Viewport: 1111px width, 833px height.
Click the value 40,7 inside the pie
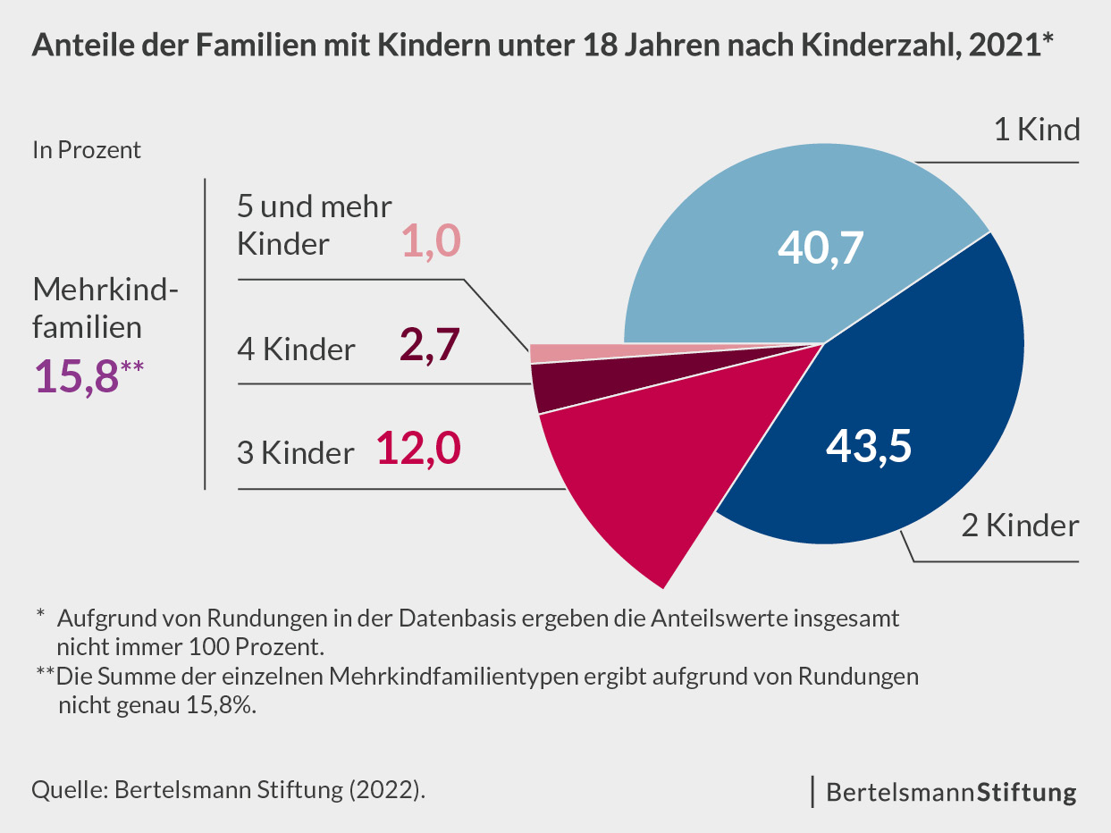(x=821, y=248)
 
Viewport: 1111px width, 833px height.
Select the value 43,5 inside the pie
(x=868, y=445)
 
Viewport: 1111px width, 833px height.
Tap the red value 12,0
(x=417, y=449)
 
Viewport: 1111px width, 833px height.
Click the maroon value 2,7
(x=428, y=346)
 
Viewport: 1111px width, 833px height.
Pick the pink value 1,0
(x=429, y=240)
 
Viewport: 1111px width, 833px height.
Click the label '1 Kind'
(x=1037, y=130)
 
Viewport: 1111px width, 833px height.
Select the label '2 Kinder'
(x=1020, y=526)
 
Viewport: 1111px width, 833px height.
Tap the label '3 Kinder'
(x=296, y=453)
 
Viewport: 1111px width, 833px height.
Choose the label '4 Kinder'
(x=296, y=349)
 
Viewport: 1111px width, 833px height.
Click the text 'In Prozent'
(x=87, y=150)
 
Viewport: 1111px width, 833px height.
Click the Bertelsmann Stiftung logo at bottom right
(x=951, y=792)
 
